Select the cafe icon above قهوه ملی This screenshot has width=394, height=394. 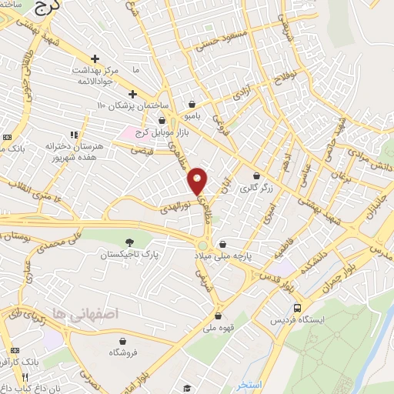(x=219, y=316)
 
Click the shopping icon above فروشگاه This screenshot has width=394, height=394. (x=122, y=340)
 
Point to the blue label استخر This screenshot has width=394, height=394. (x=250, y=384)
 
